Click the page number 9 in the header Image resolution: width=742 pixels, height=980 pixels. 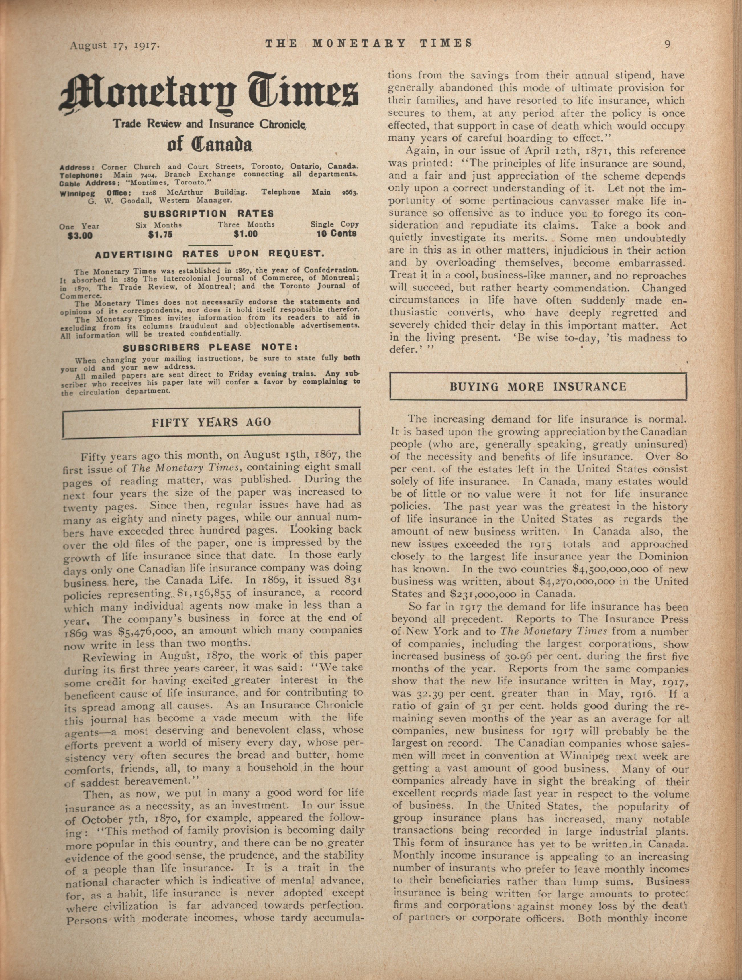(x=668, y=44)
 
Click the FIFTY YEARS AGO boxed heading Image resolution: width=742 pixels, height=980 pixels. (x=211, y=422)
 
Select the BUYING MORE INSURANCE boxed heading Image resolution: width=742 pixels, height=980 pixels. (x=538, y=387)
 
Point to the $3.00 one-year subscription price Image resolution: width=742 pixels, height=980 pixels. (x=80, y=236)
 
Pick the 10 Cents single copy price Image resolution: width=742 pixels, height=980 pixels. (x=336, y=233)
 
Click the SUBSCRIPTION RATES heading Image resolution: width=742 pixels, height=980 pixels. (x=209, y=213)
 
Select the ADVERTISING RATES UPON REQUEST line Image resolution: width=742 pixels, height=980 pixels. (x=210, y=254)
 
